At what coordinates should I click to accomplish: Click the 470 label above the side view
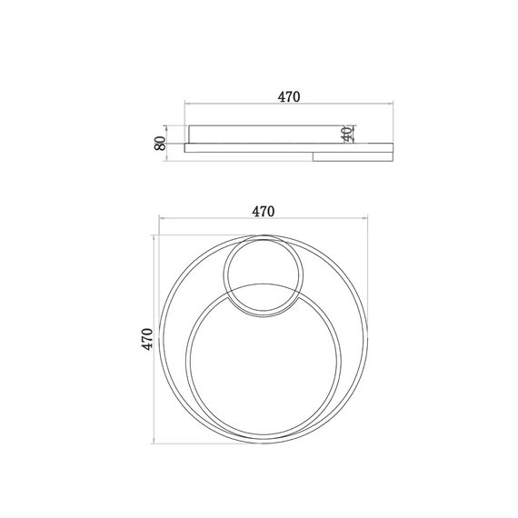pyautogui.click(x=289, y=97)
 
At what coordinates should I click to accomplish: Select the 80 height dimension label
pyautogui.click(x=161, y=144)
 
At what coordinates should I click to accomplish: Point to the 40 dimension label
pyautogui.click(x=347, y=134)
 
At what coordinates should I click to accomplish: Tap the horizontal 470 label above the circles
pyautogui.click(x=264, y=212)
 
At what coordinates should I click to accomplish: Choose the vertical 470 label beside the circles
pyautogui.click(x=147, y=339)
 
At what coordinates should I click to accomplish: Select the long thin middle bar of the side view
pyautogui.click(x=289, y=148)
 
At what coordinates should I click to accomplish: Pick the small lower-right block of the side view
pyautogui.click(x=353, y=157)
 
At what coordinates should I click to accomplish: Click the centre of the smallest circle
pyautogui.click(x=264, y=276)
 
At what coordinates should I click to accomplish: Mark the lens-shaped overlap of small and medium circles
pyautogui.click(x=264, y=300)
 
